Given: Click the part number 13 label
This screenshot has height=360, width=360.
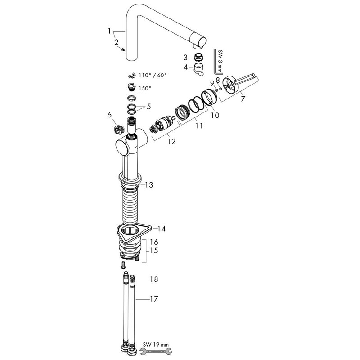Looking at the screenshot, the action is click(x=149, y=185).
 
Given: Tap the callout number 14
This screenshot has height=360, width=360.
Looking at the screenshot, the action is click(x=162, y=229).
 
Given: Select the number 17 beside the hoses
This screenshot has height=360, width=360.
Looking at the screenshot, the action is click(x=154, y=299).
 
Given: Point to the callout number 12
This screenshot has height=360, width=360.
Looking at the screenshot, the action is click(x=171, y=141).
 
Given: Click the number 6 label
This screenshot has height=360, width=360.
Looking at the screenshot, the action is click(x=109, y=115).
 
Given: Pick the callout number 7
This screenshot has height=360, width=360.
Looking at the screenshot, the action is click(x=243, y=99).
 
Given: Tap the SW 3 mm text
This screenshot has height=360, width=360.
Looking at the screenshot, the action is click(x=220, y=61).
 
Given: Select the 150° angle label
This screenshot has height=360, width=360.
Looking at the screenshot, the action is click(x=145, y=88).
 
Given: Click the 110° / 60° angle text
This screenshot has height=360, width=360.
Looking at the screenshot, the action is click(x=153, y=75).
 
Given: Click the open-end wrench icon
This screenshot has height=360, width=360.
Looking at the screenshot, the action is click(x=156, y=351).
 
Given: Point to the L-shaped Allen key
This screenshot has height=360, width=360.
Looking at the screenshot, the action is click(x=217, y=61).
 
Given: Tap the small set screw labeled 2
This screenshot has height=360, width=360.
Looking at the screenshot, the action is click(x=123, y=49).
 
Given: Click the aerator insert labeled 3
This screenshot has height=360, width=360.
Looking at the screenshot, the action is click(x=198, y=57).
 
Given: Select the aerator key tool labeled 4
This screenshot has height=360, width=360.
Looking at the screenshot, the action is click(x=198, y=70).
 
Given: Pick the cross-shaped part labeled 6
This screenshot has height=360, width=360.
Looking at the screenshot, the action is click(x=119, y=130).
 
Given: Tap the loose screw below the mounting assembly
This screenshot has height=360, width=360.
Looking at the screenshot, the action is click(x=123, y=265).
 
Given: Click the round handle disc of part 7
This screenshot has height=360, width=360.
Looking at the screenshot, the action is click(x=231, y=85).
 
